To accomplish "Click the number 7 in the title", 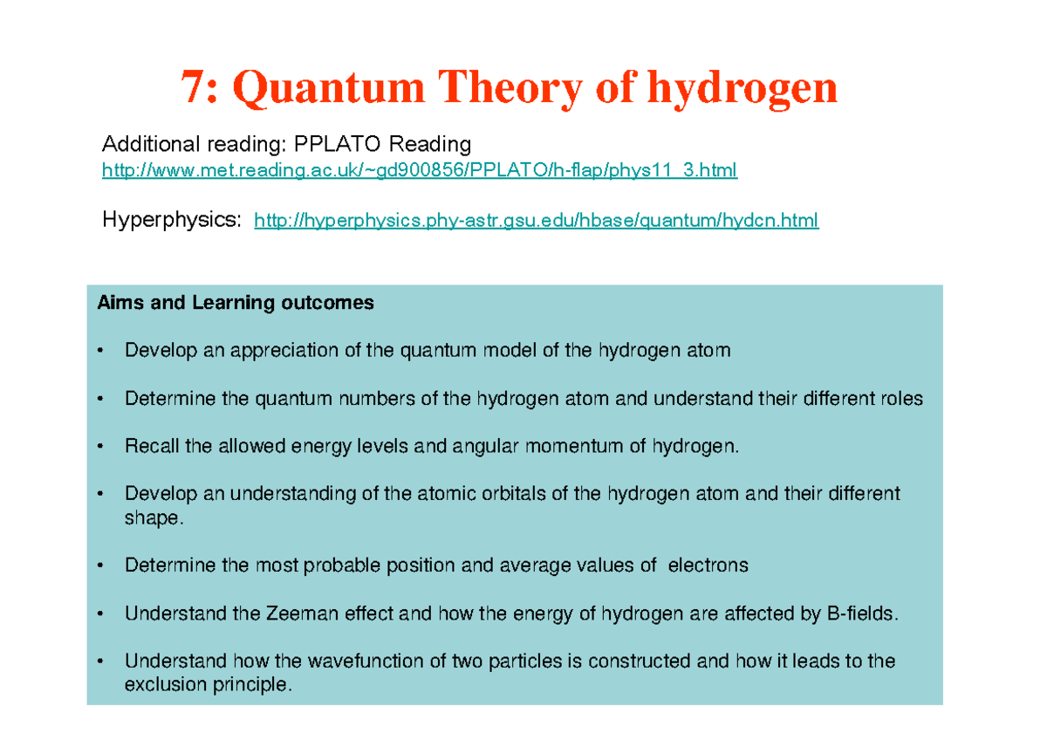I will (x=192, y=88).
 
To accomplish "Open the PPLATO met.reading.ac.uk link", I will (x=420, y=170).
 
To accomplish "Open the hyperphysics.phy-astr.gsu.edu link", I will (x=536, y=221).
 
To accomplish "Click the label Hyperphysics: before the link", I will (x=171, y=220).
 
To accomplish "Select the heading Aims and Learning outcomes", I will (x=236, y=303).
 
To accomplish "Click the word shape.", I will (x=152, y=517).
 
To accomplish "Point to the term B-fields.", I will (x=860, y=613).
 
